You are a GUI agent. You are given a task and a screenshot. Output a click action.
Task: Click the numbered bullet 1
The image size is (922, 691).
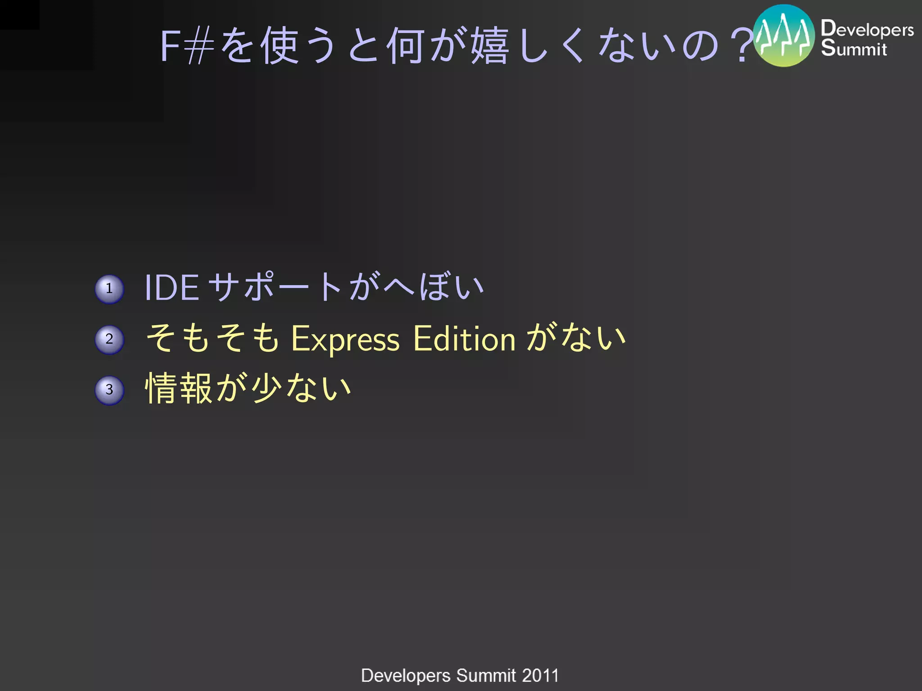click(109, 289)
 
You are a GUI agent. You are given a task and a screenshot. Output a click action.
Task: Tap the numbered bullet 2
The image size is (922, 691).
click(109, 340)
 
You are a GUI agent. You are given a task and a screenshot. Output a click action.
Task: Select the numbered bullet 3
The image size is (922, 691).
click(109, 390)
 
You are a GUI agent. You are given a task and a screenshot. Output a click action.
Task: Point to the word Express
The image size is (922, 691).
click(345, 339)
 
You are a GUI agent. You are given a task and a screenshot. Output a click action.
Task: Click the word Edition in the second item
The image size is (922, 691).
click(464, 339)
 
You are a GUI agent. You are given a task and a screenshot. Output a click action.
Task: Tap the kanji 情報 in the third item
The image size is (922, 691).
click(179, 388)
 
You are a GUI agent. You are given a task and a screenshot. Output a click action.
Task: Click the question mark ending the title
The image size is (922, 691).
click(742, 46)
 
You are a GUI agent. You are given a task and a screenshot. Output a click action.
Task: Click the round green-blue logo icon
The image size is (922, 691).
click(784, 36)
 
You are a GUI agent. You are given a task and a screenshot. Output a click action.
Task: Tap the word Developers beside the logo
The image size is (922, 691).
click(867, 29)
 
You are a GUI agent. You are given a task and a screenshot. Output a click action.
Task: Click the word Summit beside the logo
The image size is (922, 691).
click(854, 48)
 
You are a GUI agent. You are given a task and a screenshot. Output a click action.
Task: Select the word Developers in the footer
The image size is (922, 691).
click(406, 676)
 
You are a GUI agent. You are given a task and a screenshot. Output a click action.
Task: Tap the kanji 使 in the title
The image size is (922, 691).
click(280, 46)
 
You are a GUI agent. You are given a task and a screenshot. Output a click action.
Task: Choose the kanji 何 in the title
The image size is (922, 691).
click(406, 46)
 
